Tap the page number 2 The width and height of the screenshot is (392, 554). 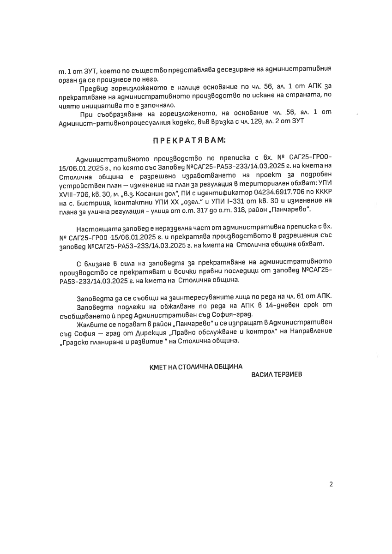click(331, 484)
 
